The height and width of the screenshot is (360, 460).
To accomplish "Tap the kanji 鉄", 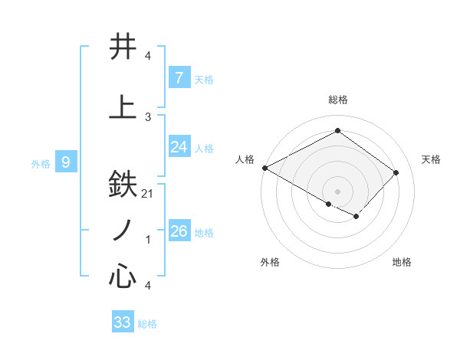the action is tap(123, 185).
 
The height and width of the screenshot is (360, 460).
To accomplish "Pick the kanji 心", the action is tap(123, 276).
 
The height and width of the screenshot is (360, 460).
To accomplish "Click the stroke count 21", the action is tap(149, 194).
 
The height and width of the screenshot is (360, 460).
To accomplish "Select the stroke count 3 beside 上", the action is tap(148, 116).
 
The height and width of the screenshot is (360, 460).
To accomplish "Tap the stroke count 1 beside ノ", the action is tap(148, 240).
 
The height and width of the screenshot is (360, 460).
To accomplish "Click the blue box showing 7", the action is tap(179, 77).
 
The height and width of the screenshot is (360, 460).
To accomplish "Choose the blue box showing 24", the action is tap(179, 147).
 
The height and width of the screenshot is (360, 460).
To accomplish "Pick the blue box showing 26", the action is tap(179, 231).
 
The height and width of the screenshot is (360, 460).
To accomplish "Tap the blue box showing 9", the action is tap(66, 162).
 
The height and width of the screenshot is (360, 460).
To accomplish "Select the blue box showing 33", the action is tap(122, 322).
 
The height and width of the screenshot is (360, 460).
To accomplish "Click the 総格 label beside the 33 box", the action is tap(147, 324).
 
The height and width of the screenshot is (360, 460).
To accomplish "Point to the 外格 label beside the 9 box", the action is tap(40, 163).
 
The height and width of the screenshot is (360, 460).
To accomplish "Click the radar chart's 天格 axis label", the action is tap(431, 159).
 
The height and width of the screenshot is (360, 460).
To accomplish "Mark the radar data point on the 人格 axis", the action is tap(264, 168).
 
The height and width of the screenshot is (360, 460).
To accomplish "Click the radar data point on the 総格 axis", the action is tap(337, 131).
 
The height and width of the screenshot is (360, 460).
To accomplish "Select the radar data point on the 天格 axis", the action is tap(396, 172).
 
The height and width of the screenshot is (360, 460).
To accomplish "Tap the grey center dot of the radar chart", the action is tap(337, 191).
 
